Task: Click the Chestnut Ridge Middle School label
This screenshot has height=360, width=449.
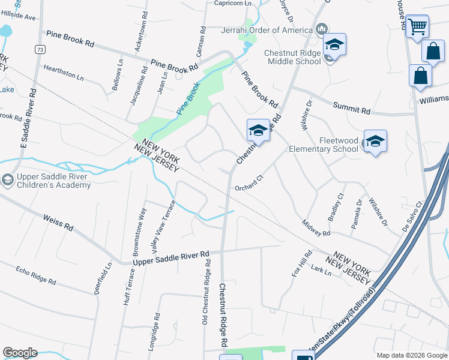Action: click(292, 57)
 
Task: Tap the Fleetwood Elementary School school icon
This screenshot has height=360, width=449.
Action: click(375, 141)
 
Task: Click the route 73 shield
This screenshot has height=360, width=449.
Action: click(40, 49)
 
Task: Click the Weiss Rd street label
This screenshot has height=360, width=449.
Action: click(58, 224)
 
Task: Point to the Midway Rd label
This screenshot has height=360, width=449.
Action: click(317, 228)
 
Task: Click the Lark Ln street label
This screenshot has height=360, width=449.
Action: click(322, 270)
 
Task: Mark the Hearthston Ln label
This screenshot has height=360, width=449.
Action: click(63, 73)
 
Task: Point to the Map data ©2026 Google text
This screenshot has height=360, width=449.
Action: click(411, 355)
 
